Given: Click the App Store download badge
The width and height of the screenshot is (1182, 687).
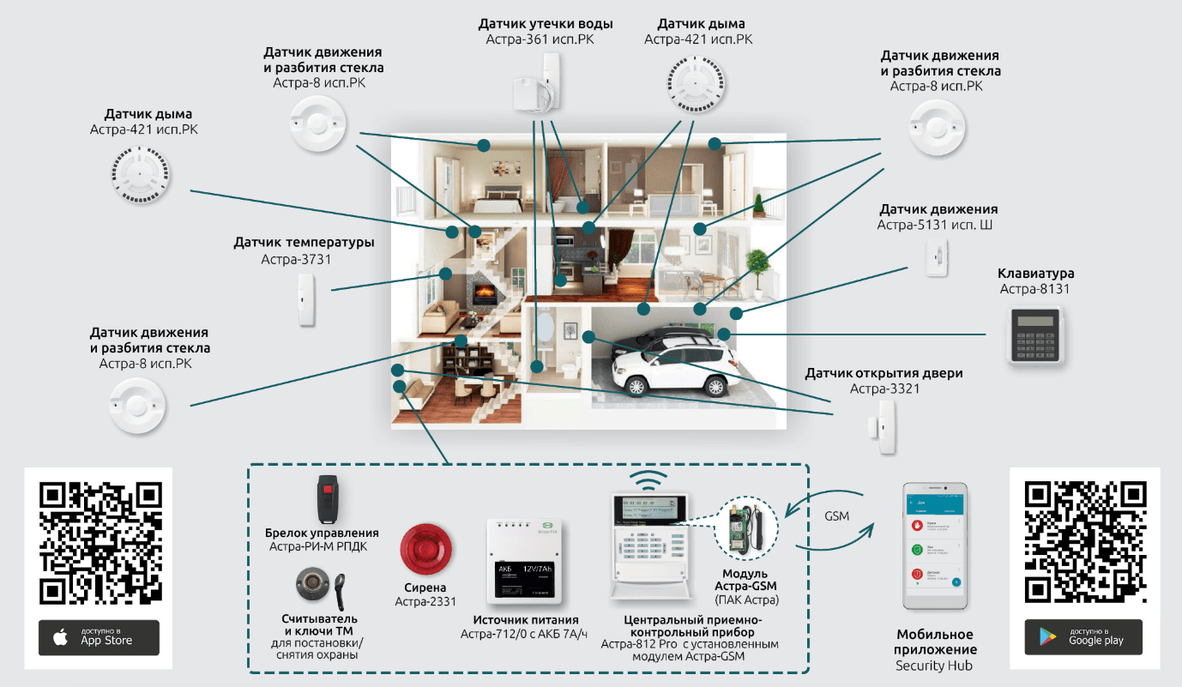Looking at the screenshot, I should pos(99,637).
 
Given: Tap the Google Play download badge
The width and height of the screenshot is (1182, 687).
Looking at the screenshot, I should pos(1083,637).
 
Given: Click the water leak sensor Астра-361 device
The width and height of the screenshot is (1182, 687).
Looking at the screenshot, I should pos(536,84).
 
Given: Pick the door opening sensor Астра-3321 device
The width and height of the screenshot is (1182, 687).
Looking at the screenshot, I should pos(884,425).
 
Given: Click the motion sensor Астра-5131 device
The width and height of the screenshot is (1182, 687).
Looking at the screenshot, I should pos(936,256).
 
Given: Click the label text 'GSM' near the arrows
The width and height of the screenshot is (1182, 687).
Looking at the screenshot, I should pos(837,516).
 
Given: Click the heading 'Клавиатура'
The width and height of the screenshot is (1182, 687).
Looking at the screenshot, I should pos(1035,274).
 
